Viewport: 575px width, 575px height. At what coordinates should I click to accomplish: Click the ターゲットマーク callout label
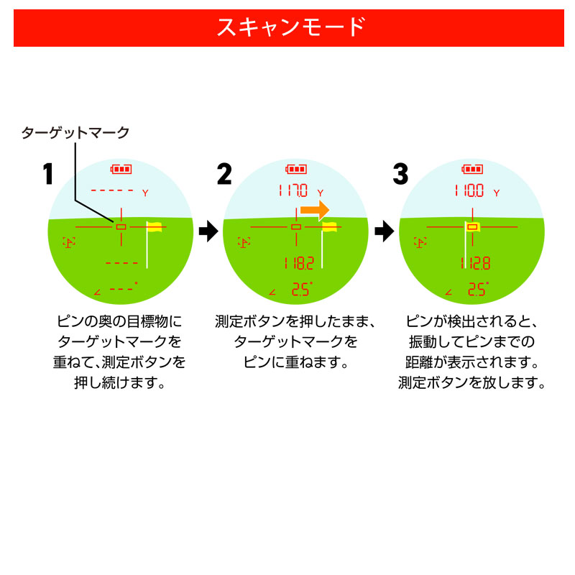click(x=75, y=132)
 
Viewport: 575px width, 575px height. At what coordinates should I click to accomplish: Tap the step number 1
click(x=47, y=174)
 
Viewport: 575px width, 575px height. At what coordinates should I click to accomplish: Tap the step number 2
click(x=224, y=174)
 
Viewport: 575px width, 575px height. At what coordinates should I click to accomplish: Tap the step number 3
click(x=400, y=174)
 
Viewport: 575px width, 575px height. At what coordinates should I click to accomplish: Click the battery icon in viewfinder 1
click(x=121, y=170)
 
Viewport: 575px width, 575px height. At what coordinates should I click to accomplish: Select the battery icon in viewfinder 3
click(x=472, y=170)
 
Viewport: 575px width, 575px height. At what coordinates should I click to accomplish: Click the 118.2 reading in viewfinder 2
click(x=298, y=263)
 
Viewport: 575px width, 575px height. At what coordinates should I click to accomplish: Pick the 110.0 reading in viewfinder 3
click(x=469, y=191)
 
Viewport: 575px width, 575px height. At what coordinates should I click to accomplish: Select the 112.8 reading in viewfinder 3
click(x=475, y=263)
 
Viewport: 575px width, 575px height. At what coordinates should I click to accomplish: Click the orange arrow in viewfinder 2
click(x=314, y=210)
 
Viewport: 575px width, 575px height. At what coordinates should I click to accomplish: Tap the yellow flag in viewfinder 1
click(x=155, y=227)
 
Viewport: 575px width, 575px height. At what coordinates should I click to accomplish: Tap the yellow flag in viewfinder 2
click(x=330, y=227)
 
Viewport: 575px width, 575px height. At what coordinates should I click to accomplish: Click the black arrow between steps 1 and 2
click(x=208, y=231)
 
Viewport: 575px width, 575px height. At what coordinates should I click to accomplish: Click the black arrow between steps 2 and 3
click(x=385, y=231)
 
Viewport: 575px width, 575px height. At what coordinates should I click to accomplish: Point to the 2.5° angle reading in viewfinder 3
click(x=477, y=290)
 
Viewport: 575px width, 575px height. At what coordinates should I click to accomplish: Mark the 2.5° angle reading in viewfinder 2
click(x=300, y=290)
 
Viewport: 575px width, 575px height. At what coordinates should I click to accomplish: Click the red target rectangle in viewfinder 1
click(x=121, y=227)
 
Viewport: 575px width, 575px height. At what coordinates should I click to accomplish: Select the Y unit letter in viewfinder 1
click(x=145, y=193)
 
